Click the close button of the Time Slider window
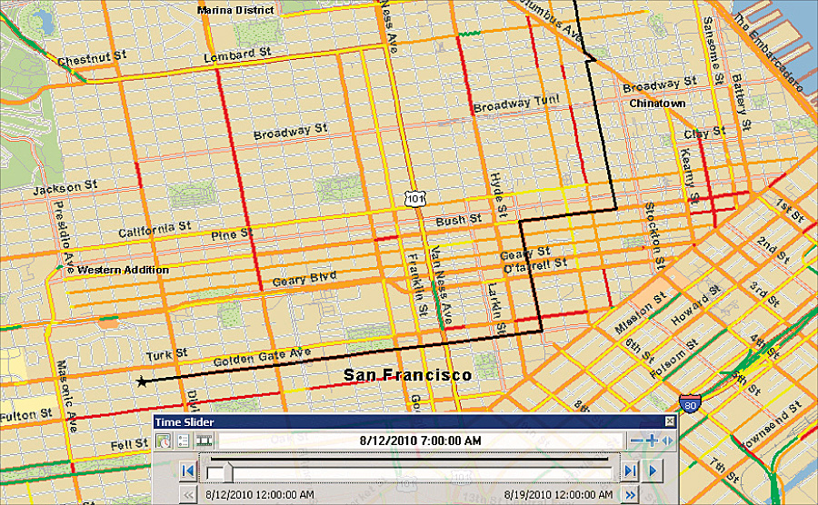671,421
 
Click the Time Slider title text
180,421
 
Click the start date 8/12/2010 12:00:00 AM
261,495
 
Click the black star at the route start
142,381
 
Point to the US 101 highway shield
414,197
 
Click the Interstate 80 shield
688,403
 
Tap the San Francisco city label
407,374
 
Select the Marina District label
235,10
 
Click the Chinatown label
657,104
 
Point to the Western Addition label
123,270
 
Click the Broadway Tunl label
515,103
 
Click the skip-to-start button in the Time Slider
186,470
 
